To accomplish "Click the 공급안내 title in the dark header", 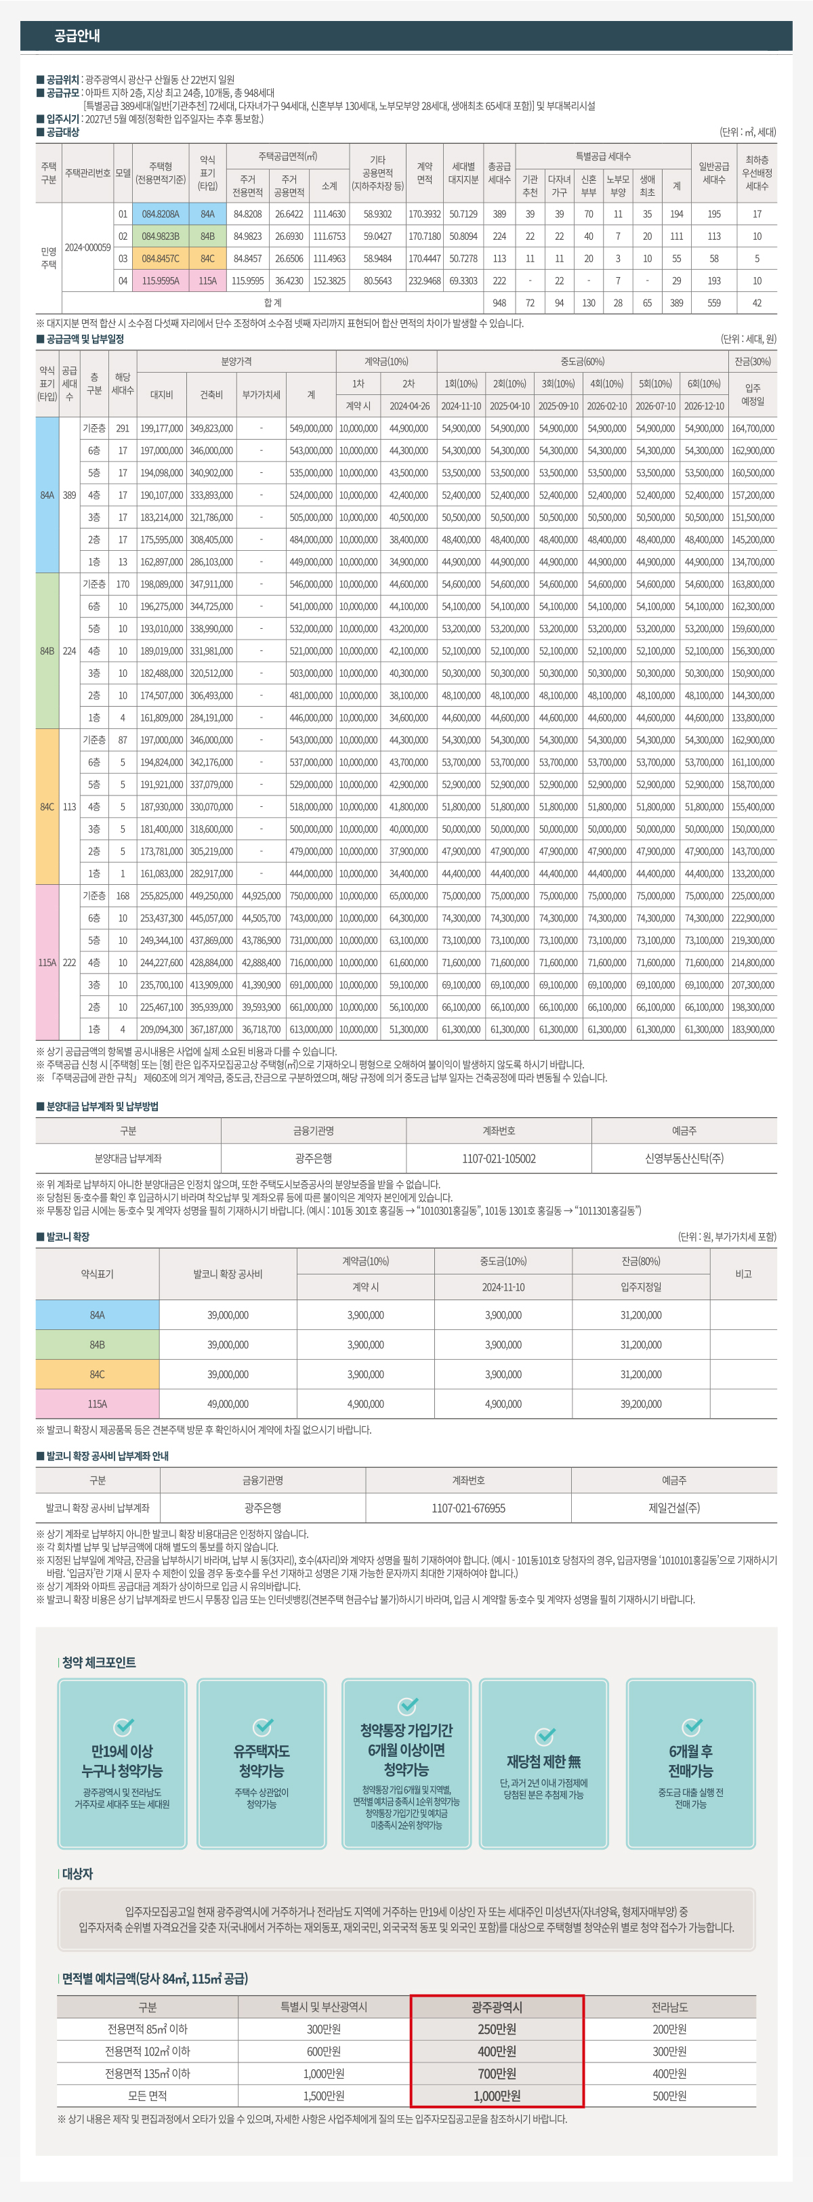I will pos(77,36).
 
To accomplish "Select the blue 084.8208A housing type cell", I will pos(161,213).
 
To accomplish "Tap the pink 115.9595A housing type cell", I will pos(161,281).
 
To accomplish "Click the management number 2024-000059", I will pos(87,247).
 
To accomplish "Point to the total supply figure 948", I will pos(499,303).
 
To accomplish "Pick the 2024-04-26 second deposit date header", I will pos(409,406).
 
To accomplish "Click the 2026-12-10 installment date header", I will pos(703,406).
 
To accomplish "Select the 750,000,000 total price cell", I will pos(311,896).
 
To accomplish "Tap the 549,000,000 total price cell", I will pos(311,428).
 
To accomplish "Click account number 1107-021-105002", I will pos(499,1159).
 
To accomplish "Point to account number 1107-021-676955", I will pos(468,1508).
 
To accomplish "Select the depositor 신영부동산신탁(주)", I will pos(684,1159).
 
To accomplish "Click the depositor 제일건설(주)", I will pos(673,1508).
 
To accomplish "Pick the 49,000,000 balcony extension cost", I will pos(228,1404).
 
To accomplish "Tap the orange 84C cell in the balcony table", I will pos(98,1375).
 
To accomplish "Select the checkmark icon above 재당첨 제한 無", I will pos(544,1736).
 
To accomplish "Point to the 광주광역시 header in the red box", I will pos(497,2007).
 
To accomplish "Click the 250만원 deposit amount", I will pos(497,2029).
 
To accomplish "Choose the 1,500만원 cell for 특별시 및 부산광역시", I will pos(324,2096).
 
